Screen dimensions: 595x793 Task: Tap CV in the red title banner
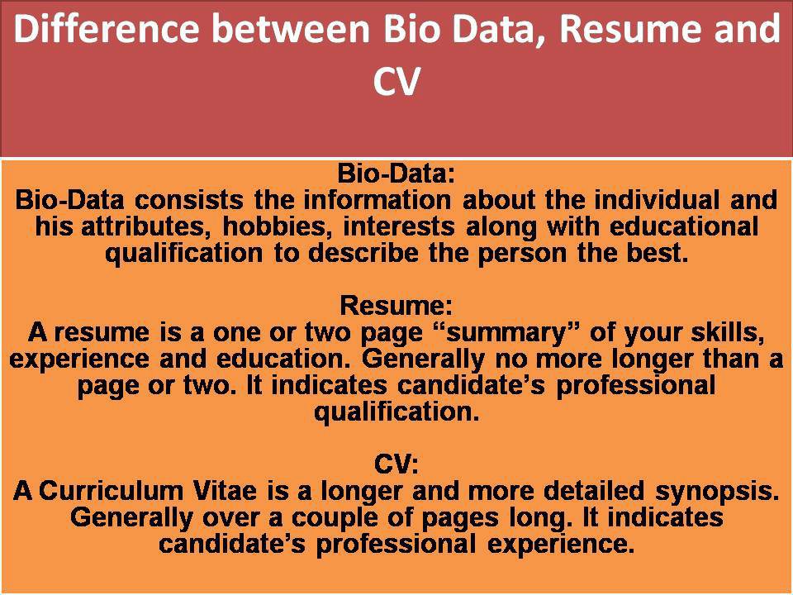click(396, 83)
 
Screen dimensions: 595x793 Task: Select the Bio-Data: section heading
click(396, 175)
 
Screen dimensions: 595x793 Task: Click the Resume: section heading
click(396, 306)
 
